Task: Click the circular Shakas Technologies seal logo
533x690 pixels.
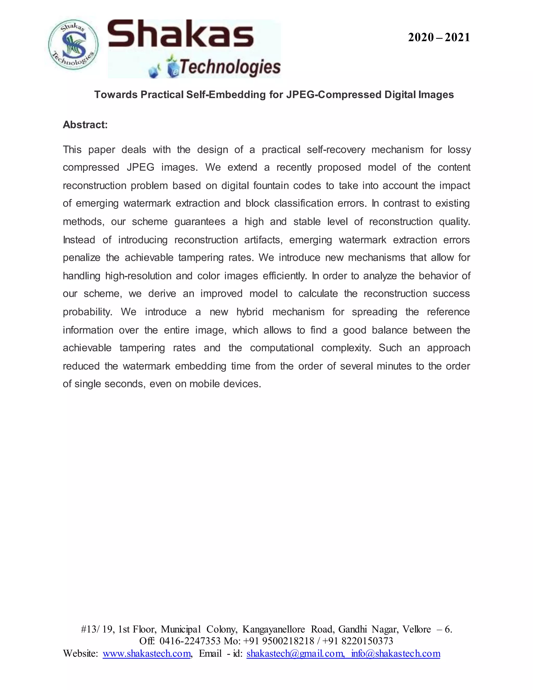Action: [73, 45]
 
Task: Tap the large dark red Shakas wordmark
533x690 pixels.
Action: [180, 34]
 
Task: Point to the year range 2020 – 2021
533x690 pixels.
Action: [439, 37]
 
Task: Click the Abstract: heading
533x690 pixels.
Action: [85, 125]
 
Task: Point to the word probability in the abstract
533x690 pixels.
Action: [87, 312]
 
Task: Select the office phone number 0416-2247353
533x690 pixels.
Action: [190, 641]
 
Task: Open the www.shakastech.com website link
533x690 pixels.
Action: [147, 653]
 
